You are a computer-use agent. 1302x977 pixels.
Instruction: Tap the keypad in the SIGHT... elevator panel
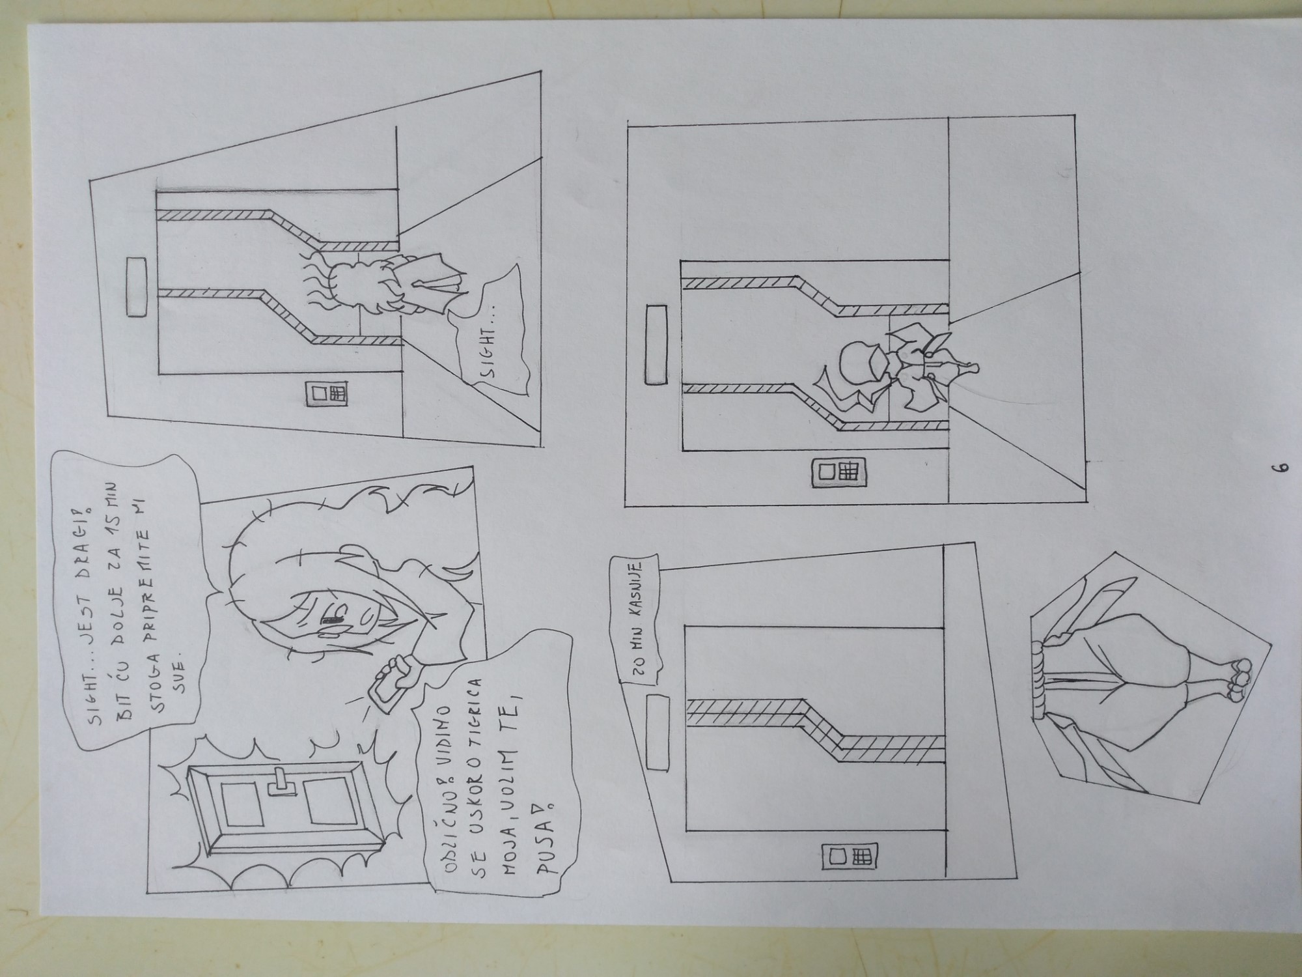click(326, 393)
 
